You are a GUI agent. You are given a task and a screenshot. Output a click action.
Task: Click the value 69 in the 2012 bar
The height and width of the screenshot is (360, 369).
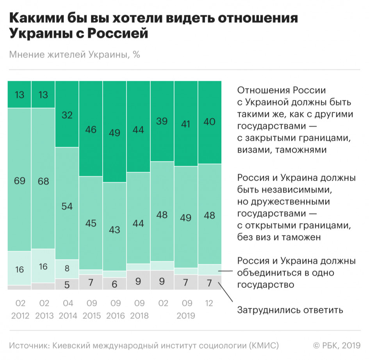click(x=20, y=180)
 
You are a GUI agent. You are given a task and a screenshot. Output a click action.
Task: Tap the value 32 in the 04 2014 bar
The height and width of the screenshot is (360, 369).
click(x=67, y=115)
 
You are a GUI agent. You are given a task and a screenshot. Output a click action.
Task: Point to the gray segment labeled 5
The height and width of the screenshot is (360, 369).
click(x=67, y=284)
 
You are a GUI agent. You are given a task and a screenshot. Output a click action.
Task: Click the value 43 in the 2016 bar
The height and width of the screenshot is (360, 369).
click(x=114, y=230)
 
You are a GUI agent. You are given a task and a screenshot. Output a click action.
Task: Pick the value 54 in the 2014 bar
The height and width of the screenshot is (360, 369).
click(x=67, y=207)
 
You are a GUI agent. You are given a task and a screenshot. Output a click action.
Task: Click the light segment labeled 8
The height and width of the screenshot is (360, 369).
click(x=67, y=269)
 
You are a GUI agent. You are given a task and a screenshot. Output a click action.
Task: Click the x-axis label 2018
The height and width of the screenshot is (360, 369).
click(x=138, y=315)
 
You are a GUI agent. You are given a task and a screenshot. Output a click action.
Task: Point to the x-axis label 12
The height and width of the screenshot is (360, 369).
click(x=210, y=303)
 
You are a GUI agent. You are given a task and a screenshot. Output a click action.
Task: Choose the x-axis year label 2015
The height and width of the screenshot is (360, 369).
click(x=91, y=315)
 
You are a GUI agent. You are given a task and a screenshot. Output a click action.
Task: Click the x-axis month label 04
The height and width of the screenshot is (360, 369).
click(x=67, y=303)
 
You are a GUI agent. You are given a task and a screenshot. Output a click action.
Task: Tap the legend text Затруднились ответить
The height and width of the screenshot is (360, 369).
click(x=290, y=310)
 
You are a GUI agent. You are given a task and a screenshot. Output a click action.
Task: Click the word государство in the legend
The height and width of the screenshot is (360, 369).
click(x=266, y=285)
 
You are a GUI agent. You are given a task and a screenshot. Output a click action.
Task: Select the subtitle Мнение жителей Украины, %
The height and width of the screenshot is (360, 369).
click(x=74, y=54)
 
